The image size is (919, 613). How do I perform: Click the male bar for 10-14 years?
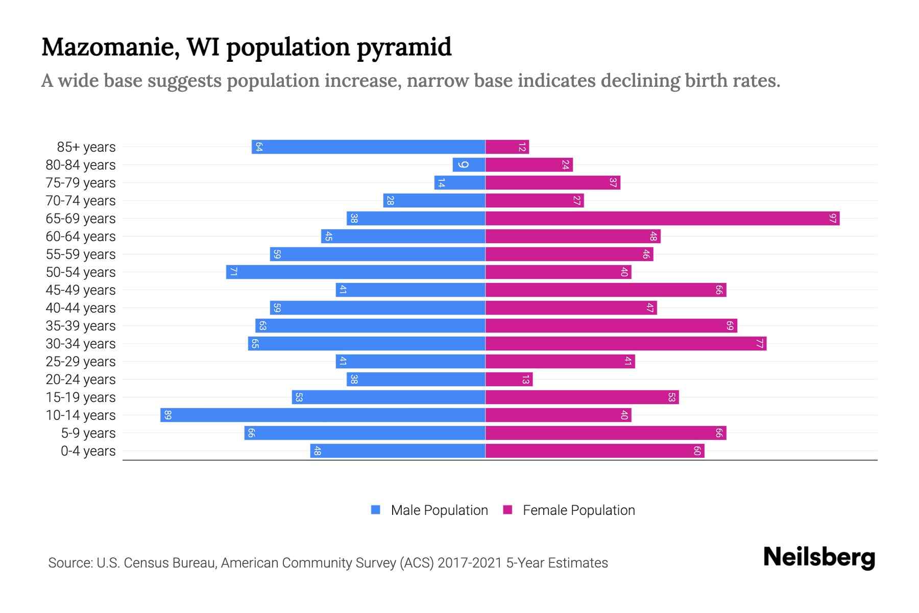coord(323,415)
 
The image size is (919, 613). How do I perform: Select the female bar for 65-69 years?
coord(662,218)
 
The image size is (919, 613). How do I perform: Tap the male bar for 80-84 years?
coord(469,164)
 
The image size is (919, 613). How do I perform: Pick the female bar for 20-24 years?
coord(509,379)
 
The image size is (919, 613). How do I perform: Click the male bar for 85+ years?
coord(368,147)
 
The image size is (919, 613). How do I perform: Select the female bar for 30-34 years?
coord(625,343)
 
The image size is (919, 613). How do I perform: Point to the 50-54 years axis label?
coord(81,272)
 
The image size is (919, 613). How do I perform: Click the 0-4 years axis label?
coord(88,451)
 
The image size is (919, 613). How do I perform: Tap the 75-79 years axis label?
coord(81,183)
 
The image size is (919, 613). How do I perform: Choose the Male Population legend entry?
coord(429,510)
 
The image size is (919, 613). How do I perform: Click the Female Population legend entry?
coord(569,510)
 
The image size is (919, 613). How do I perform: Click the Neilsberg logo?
coord(819,557)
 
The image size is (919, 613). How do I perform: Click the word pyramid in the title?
coord(403,48)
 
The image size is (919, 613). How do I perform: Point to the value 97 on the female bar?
coord(833,218)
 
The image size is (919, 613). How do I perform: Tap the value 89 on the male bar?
coord(167,415)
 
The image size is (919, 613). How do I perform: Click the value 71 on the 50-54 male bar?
coord(233,272)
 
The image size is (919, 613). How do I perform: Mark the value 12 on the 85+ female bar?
coord(522,147)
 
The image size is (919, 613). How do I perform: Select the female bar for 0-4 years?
coord(595,451)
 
